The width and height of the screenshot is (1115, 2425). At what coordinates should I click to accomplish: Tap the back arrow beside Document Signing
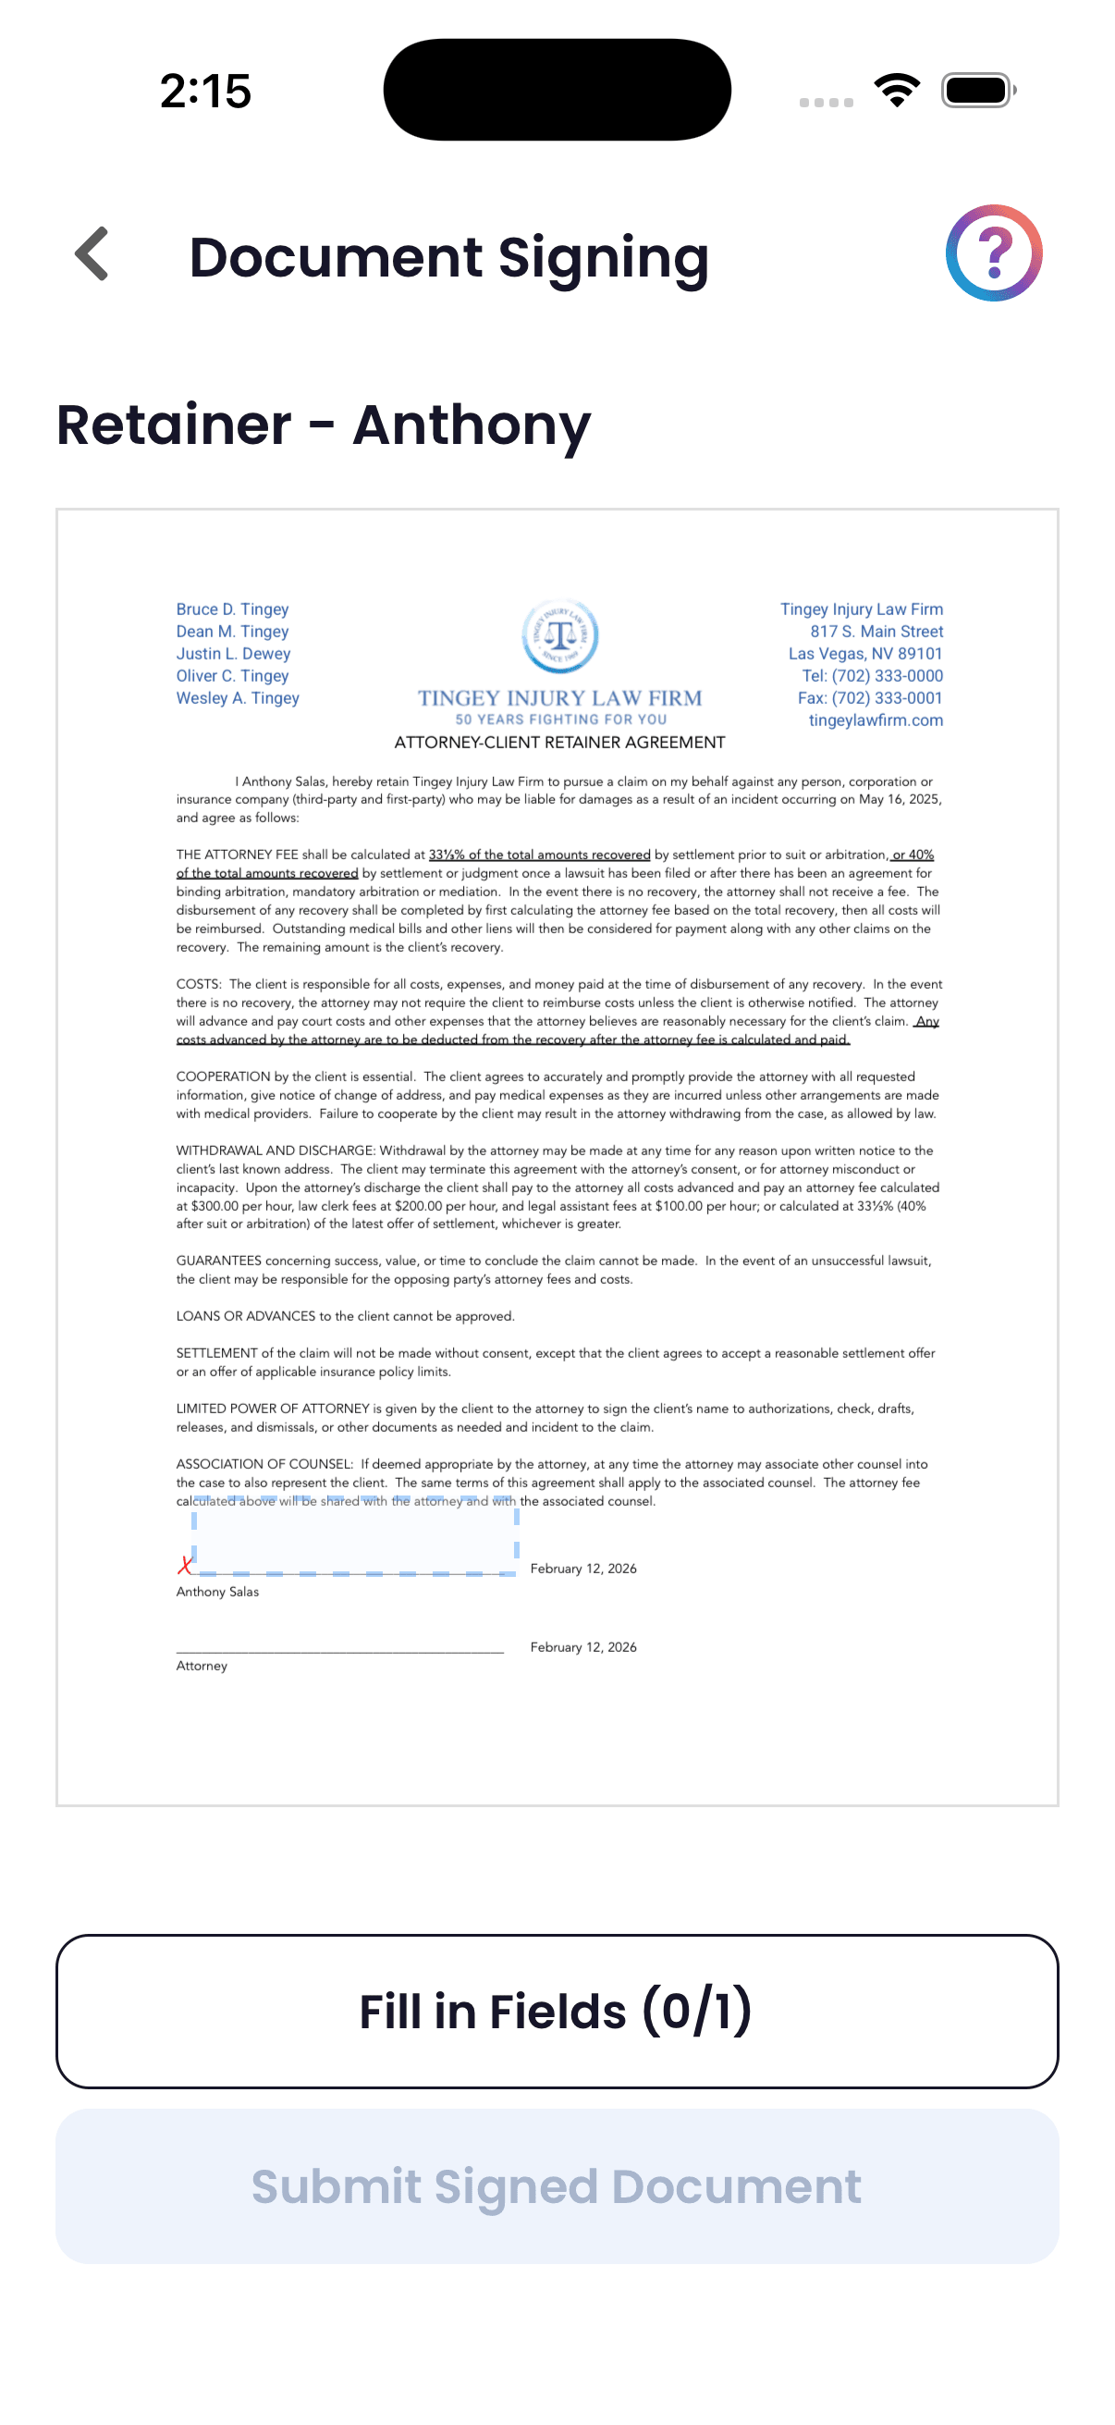click(92, 254)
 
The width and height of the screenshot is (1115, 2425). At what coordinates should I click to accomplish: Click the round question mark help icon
click(994, 253)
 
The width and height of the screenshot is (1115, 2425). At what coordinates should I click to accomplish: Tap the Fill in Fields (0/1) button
click(557, 2011)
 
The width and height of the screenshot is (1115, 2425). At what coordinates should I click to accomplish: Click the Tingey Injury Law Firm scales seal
click(560, 635)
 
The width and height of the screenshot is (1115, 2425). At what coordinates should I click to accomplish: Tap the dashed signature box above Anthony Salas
click(355, 1536)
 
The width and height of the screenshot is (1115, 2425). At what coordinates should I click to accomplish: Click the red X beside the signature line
click(185, 1565)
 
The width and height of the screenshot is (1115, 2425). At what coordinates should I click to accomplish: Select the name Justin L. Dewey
click(233, 653)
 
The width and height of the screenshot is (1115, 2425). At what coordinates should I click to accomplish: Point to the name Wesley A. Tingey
click(238, 697)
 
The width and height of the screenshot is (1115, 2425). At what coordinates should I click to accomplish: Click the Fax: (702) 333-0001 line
click(869, 697)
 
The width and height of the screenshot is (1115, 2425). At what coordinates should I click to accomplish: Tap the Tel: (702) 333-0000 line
click(871, 676)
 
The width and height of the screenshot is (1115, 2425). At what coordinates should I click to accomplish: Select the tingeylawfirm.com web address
click(875, 720)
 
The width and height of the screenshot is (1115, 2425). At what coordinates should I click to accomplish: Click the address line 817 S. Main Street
click(876, 632)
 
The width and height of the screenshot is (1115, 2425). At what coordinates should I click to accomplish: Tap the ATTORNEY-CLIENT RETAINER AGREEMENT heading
click(560, 743)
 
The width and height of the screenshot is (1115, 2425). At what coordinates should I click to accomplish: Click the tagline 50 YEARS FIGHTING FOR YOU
click(561, 720)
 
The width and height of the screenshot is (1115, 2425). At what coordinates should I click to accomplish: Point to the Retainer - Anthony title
click(324, 425)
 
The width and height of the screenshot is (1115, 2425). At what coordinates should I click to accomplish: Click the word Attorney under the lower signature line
click(202, 1666)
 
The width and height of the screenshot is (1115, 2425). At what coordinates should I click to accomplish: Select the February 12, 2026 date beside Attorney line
click(583, 1646)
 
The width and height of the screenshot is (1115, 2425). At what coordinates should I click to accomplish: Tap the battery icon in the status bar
click(976, 91)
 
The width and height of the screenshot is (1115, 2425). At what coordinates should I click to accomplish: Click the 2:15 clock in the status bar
click(205, 92)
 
